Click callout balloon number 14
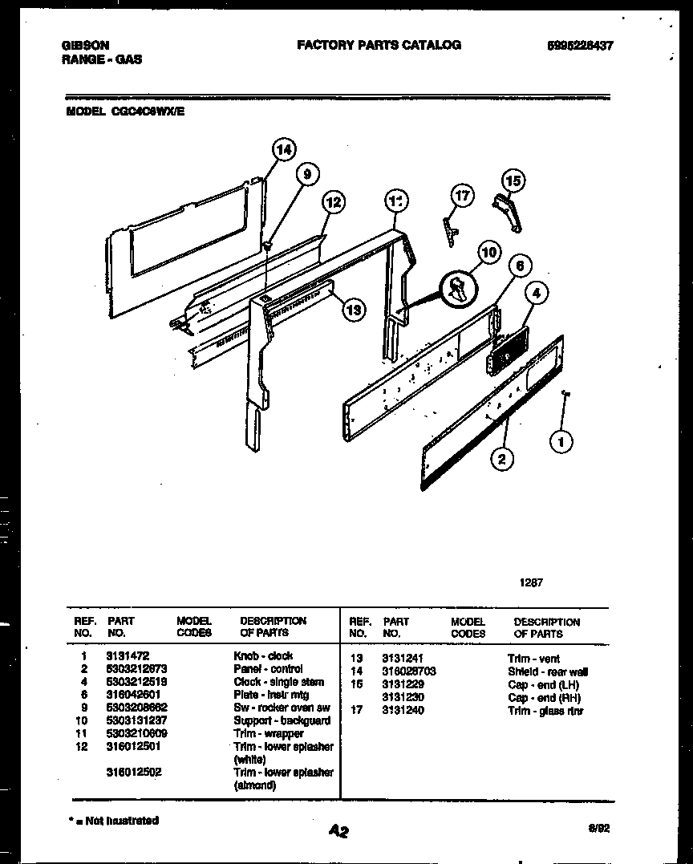[x=282, y=149]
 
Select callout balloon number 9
[x=306, y=172]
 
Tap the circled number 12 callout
[x=334, y=203]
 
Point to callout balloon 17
[x=463, y=195]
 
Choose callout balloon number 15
[x=513, y=181]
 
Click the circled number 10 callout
[x=488, y=253]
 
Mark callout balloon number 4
[x=537, y=294]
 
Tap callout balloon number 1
[x=561, y=440]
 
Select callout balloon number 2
[x=502, y=459]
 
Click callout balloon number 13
[x=351, y=308]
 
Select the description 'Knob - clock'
[x=263, y=655]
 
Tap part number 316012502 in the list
[x=132, y=772]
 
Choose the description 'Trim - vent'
[x=534, y=659]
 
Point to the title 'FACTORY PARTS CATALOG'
[x=379, y=45]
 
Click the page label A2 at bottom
[x=338, y=832]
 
